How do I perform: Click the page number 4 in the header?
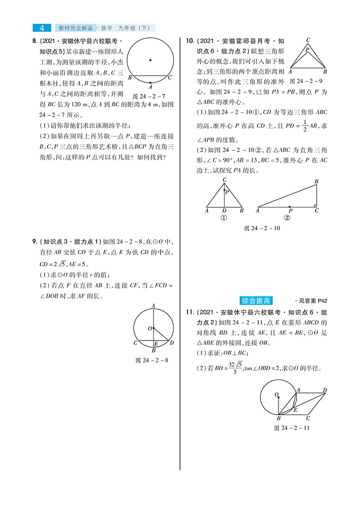(x=42, y=28)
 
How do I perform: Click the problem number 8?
(x=35, y=42)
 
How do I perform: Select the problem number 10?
(x=190, y=42)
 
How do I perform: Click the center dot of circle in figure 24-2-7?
(x=150, y=60)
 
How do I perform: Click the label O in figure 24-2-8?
(x=149, y=329)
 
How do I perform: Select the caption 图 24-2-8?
(x=152, y=360)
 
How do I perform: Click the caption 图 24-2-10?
(x=262, y=228)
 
